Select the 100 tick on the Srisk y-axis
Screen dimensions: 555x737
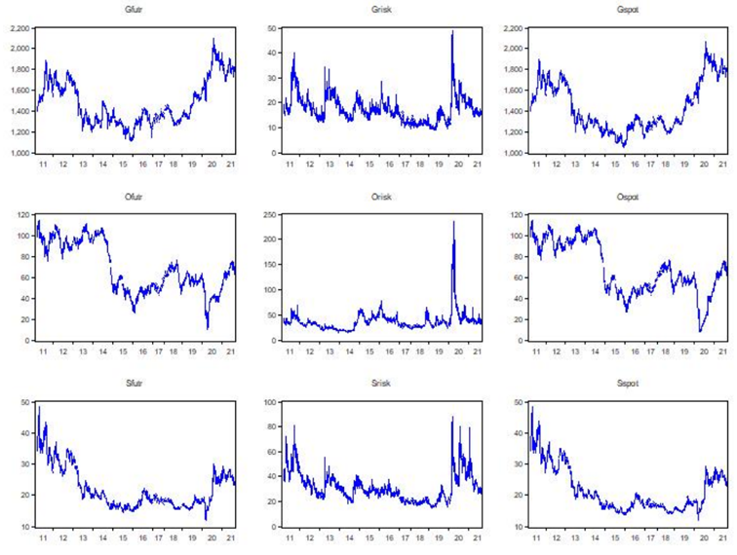[x=267, y=401]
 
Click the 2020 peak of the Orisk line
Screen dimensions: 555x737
[x=453, y=222]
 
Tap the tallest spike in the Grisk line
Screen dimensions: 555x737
[x=452, y=32]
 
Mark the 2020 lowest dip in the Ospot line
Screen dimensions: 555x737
[x=699, y=331]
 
